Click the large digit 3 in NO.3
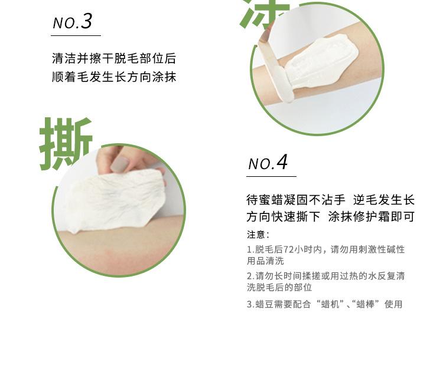tap(86, 21)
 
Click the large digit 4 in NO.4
tap(282, 162)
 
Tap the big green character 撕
tap(66, 144)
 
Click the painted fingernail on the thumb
tap(119, 164)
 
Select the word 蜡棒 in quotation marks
tap(366, 304)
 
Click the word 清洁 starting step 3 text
tap(64, 58)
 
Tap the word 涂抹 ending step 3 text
tap(164, 77)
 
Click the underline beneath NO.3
tap(76, 36)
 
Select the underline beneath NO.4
tap(271, 176)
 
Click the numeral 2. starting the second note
tap(251, 276)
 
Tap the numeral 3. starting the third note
tap(251, 304)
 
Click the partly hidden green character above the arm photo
tap(264, 14)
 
